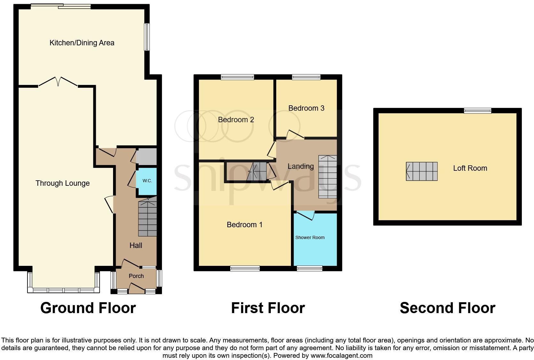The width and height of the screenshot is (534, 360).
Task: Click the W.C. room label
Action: pos(147,181)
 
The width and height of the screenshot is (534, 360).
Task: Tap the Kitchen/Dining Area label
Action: pos(82,43)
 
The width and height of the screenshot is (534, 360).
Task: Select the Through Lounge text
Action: pos(63,183)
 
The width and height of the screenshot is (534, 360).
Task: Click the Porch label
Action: pos(136,276)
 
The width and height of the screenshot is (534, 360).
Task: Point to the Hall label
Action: pos(136,245)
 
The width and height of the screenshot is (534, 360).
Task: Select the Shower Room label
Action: pos(310,237)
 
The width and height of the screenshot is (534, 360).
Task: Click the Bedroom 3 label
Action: pos(306,108)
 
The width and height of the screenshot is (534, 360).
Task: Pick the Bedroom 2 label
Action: pos(236,120)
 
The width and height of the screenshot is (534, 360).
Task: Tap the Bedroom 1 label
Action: pos(245,225)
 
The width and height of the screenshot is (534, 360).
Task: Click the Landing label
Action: pos(301,166)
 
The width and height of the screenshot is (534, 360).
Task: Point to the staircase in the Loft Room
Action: pos(422,171)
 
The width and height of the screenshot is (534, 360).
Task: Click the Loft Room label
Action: pos(470,168)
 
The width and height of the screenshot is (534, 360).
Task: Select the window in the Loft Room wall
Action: pos(478,111)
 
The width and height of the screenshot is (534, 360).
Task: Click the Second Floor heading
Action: pos(447,308)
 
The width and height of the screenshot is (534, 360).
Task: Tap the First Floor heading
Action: pos(268,308)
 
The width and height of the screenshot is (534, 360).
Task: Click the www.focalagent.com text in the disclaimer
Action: pos(341,356)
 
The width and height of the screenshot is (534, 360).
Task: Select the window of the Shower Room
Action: pos(309,268)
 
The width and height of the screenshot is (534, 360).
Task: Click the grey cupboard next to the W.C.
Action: pos(147,157)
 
